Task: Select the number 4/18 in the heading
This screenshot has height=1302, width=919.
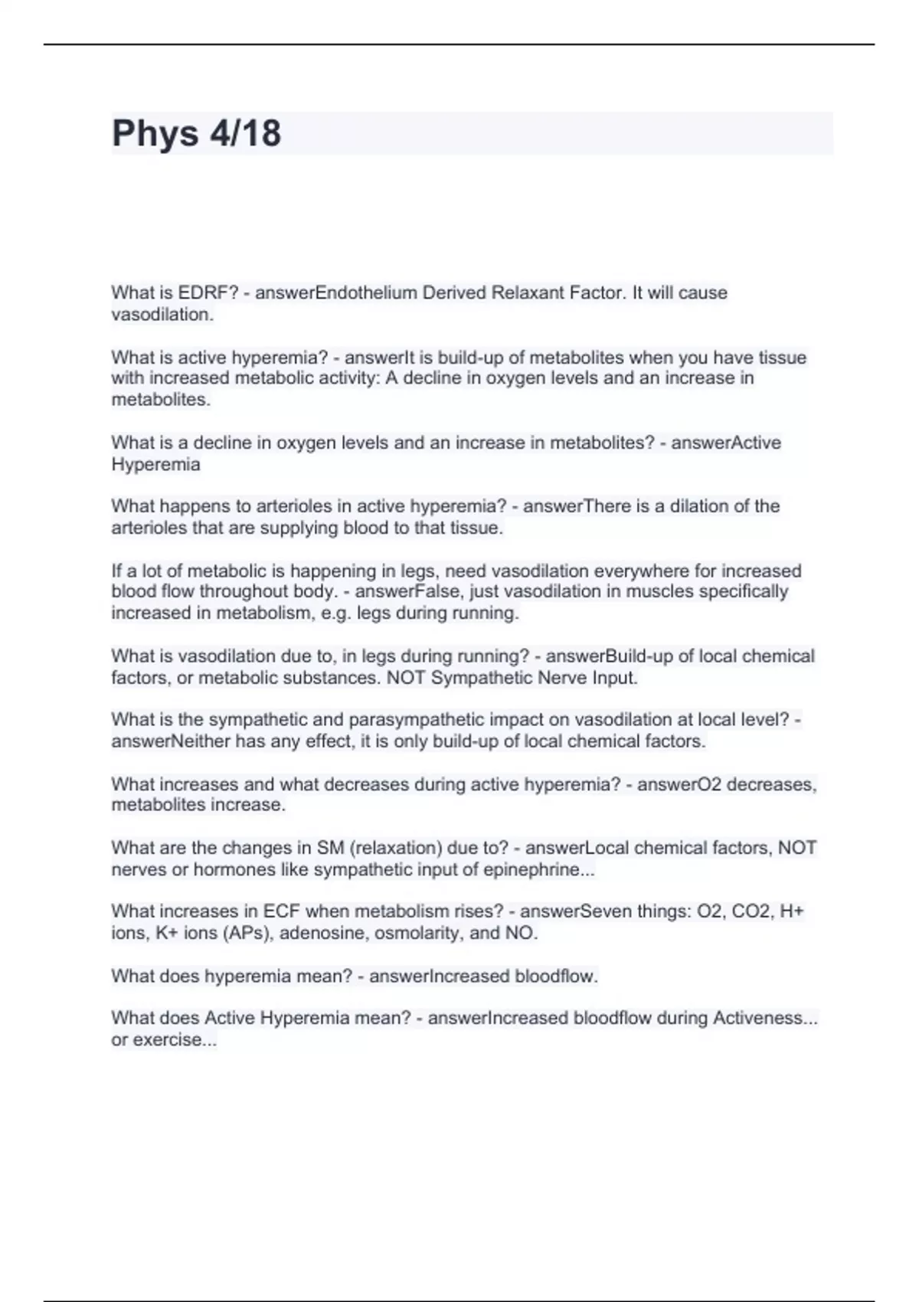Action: coord(244,133)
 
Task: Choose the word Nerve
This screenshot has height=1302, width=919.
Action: coord(561,678)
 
